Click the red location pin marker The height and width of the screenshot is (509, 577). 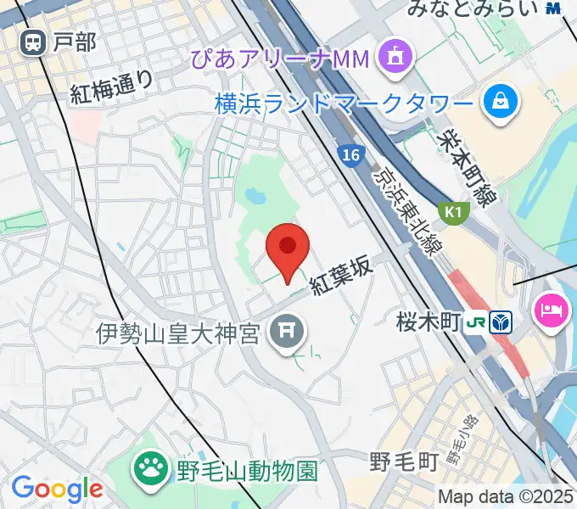coord(288,249)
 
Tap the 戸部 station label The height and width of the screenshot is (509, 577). coord(74,42)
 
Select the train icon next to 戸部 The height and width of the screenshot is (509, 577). coord(35,42)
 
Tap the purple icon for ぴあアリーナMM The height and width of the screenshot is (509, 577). coord(395,57)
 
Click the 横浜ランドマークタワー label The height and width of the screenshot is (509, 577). coord(344,104)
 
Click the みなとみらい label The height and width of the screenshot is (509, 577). coord(473,9)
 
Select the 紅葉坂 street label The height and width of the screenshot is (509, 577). coord(342,276)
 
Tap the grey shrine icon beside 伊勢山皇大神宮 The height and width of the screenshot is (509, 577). coord(287,331)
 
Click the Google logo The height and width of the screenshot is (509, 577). coord(57,488)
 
